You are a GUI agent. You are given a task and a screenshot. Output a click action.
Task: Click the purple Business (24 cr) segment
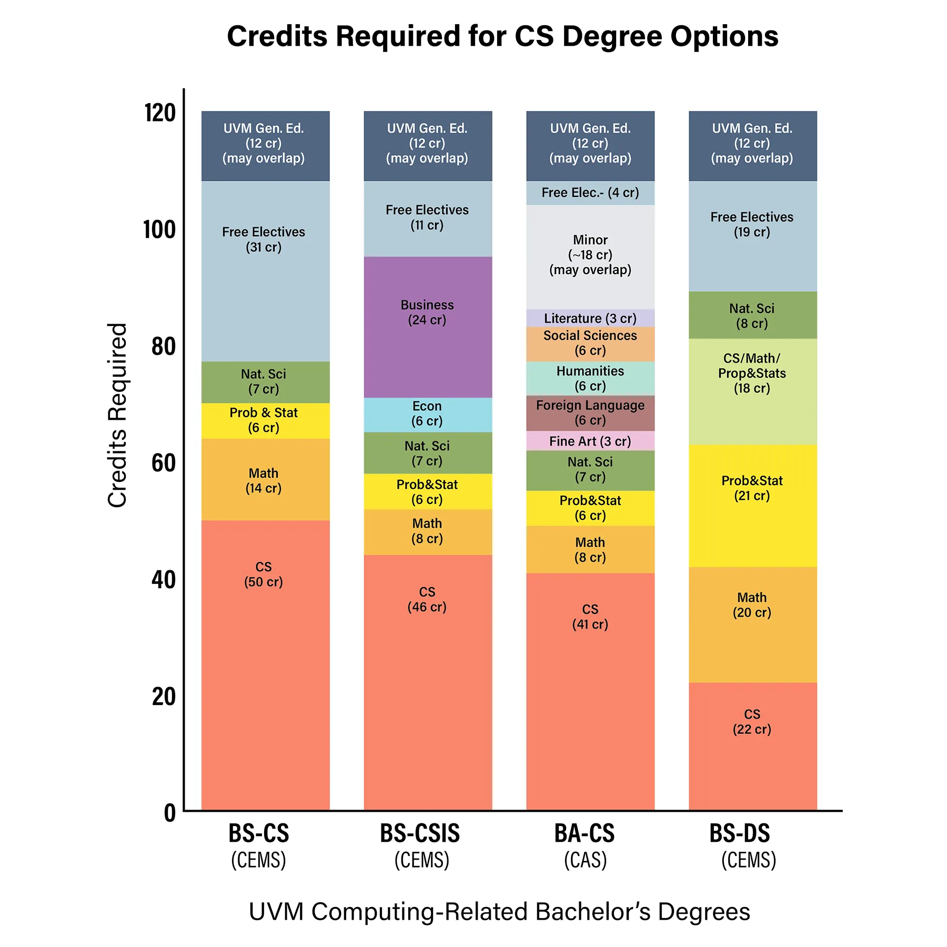[x=427, y=326]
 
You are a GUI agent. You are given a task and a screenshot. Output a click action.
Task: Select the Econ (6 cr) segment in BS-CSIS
[x=427, y=414]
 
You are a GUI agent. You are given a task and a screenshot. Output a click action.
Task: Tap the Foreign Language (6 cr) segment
[x=590, y=413]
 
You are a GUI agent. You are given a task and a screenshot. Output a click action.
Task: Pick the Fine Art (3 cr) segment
[x=590, y=441]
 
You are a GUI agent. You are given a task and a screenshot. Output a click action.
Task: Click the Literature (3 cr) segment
[x=590, y=318]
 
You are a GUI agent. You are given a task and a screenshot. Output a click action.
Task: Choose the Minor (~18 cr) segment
[x=590, y=256]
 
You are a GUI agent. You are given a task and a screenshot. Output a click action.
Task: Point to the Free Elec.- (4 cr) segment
[x=590, y=193]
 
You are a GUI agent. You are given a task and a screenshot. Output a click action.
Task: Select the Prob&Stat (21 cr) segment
[x=752, y=505]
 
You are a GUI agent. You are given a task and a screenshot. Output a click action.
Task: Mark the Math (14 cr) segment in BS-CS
[x=265, y=479]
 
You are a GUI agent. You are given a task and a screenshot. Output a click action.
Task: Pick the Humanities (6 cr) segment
[x=590, y=378]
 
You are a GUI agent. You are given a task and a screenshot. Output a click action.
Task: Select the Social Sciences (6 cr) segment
[x=590, y=344]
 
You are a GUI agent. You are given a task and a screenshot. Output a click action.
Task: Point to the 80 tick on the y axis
[x=163, y=347]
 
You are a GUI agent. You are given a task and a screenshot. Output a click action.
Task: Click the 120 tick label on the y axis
[x=160, y=113]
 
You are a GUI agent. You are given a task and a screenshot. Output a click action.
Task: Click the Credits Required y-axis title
[x=117, y=415]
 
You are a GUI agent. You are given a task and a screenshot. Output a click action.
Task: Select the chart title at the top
[x=502, y=36]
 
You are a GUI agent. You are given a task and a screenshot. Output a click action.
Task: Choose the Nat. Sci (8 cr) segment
[x=752, y=315]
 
